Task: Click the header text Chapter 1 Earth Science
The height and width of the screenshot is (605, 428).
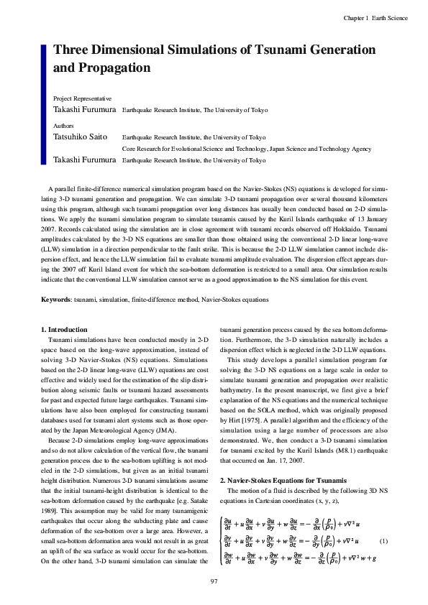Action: (375, 17)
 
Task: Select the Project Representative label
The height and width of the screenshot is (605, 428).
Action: (82, 98)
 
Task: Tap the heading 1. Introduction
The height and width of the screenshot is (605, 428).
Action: (65, 329)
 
